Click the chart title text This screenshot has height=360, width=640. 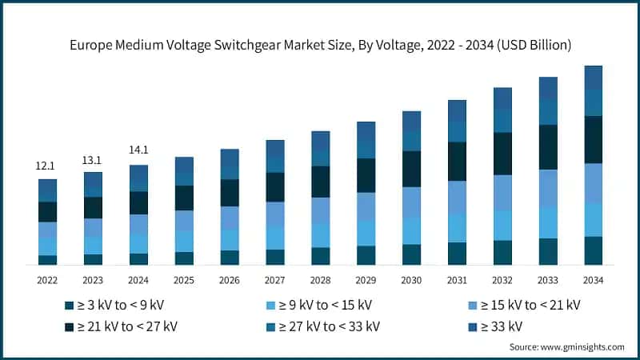pyautogui.click(x=319, y=46)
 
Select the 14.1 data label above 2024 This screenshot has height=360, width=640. pyautogui.click(x=138, y=150)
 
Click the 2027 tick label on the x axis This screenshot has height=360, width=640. pyautogui.click(x=274, y=280)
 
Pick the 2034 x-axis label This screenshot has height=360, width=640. pyautogui.click(x=593, y=280)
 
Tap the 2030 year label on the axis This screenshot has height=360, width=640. pyautogui.click(x=411, y=280)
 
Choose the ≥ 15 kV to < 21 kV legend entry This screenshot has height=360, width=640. pyautogui.click(x=529, y=305)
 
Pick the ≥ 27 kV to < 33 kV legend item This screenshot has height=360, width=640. pyautogui.click(x=328, y=326)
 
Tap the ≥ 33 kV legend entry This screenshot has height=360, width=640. pyautogui.click(x=499, y=326)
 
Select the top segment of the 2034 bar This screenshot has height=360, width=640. pyautogui.click(x=593, y=78)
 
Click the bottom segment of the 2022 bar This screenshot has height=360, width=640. pyautogui.click(x=47, y=259)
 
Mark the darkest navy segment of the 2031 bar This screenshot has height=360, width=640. pyautogui.click(x=457, y=162)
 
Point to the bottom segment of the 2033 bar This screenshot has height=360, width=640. pyautogui.click(x=547, y=251)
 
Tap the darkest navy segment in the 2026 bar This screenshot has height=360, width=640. pyautogui.click(x=229, y=193)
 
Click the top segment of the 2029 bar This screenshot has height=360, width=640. pyautogui.click(x=366, y=132)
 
